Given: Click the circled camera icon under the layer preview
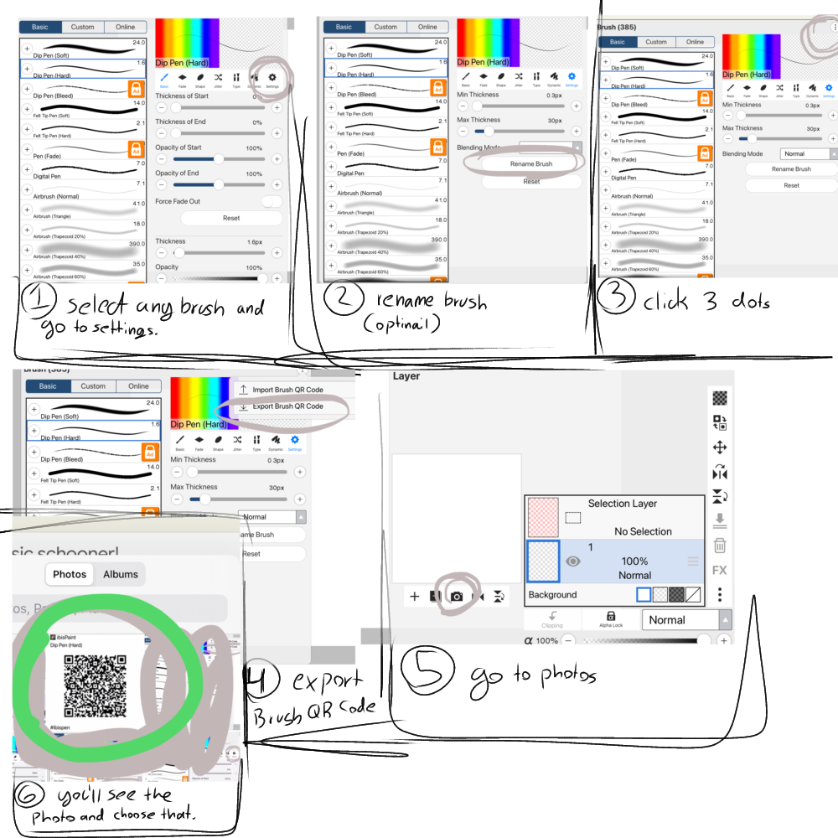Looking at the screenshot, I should tap(457, 596).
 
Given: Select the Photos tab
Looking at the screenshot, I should tap(70, 574).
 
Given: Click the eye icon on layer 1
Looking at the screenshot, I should tap(573, 561).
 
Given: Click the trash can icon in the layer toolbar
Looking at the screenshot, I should tap(719, 546).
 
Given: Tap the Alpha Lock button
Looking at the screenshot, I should tap(611, 619).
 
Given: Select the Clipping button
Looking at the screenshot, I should tap(552, 619).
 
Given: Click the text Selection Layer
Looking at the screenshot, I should tap(622, 504).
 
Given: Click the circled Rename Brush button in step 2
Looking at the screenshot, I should tap(531, 163).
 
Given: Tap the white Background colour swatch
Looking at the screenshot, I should tap(644, 595).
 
